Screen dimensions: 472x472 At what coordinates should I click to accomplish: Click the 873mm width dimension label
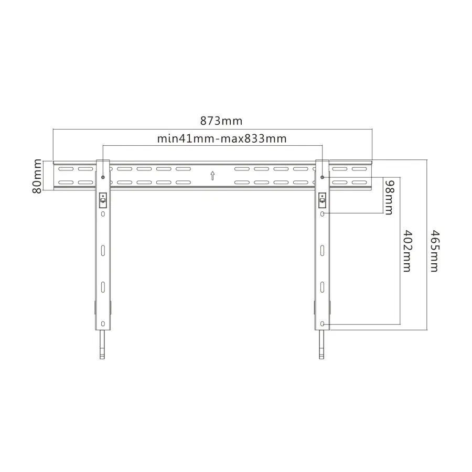click(x=221, y=121)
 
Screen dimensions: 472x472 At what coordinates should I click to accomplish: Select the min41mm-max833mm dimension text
click(x=221, y=139)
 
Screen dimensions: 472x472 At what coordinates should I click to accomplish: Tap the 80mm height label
click(x=37, y=176)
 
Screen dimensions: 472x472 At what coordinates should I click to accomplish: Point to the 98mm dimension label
click(x=389, y=197)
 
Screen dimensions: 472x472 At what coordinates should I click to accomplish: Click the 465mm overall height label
click(x=434, y=250)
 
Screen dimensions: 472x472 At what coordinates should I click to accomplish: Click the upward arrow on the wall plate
click(x=212, y=176)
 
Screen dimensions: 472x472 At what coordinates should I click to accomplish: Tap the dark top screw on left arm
click(x=103, y=177)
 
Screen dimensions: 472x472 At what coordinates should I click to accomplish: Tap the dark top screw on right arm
click(x=323, y=177)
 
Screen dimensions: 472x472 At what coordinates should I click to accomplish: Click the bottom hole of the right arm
click(x=323, y=324)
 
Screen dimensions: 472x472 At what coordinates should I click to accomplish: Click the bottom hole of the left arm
click(x=103, y=324)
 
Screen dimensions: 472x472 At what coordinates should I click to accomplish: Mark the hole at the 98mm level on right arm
click(x=323, y=214)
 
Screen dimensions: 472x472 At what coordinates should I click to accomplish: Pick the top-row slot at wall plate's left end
click(x=66, y=169)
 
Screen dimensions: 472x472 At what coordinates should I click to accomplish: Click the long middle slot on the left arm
click(x=103, y=250)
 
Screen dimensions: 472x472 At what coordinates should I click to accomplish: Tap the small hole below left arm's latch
click(x=103, y=214)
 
